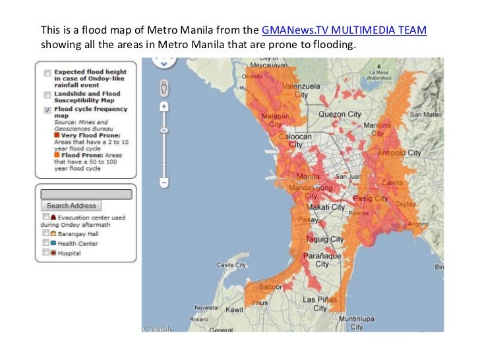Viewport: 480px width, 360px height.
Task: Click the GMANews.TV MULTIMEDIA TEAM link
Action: click(x=344, y=31)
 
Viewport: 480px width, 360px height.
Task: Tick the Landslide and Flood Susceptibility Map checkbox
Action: click(x=47, y=95)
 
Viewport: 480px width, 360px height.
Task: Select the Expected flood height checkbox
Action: click(x=47, y=73)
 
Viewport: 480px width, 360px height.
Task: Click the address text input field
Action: click(x=86, y=195)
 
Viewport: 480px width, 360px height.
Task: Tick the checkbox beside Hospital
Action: click(x=45, y=253)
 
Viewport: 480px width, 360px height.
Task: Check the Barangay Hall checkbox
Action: click(x=45, y=233)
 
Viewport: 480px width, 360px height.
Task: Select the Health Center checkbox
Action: click(x=45, y=243)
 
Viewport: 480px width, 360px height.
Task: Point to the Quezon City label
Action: click(x=340, y=114)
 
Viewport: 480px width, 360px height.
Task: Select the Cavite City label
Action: click(x=231, y=265)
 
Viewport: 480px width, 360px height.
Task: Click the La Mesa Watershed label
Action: click(x=380, y=75)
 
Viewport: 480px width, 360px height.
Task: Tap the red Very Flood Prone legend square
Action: click(x=57, y=135)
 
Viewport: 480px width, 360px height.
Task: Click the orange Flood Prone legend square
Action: click(x=57, y=154)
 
